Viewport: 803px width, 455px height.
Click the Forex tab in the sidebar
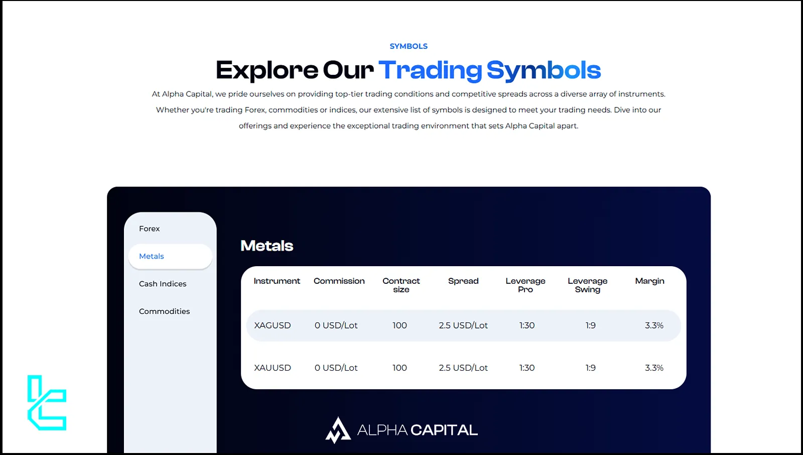(x=149, y=229)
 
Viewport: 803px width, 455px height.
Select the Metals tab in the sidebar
(x=170, y=256)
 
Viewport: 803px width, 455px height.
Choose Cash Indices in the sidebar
(x=163, y=284)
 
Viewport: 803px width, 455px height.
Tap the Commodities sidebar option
(x=164, y=311)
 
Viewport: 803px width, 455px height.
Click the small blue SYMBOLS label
(x=409, y=46)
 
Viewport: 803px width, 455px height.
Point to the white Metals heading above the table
(x=266, y=246)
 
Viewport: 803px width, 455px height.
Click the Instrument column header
(x=277, y=281)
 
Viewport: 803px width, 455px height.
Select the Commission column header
(x=339, y=281)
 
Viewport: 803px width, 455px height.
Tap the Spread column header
(x=463, y=281)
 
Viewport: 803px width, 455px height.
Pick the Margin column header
(x=649, y=281)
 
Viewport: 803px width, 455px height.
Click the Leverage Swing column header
(x=588, y=285)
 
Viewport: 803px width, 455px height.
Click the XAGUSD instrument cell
(x=273, y=325)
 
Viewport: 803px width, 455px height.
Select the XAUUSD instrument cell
(x=273, y=368)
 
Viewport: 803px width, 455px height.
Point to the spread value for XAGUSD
(x=463, y=325)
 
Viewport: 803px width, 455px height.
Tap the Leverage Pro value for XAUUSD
(x=527, y=368)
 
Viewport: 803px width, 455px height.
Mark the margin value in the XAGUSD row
(x=654, y=325)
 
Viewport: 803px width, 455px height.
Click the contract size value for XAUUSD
(x=399, y=368)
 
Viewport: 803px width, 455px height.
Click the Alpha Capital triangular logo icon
(x=338, y=430)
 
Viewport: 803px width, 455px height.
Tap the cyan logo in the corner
(x=47, y=403)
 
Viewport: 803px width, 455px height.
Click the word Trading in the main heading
(x=430, y=70)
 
